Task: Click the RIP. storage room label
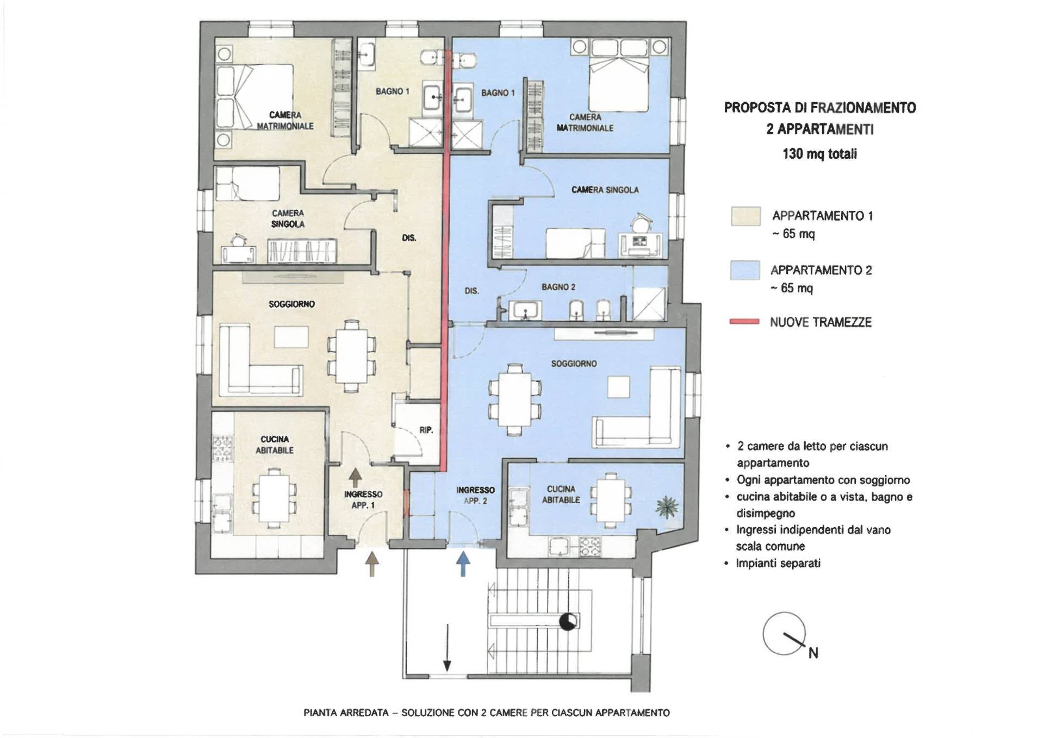coord(426,430)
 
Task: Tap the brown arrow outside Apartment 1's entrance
coord(372,564)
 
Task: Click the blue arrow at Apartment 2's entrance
coord(462,564)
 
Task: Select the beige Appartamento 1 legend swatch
coord(745,216)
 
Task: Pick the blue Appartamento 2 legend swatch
coord(745,270)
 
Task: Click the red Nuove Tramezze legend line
coord(744,322)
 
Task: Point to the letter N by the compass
coord(813,653)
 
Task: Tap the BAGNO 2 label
coord(558,287)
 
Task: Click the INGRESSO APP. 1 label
coord(363,499)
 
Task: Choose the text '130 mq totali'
coord(820,154)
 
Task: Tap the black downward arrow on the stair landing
coord(448,648)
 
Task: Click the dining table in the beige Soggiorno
coord(351,356)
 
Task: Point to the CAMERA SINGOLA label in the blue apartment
coord(605,190)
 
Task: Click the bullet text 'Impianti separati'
coord(778,563)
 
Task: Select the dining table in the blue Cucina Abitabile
coord(611,499)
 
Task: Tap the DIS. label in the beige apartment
coord(409,237)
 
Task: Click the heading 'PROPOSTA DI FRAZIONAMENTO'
coord(820,108)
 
